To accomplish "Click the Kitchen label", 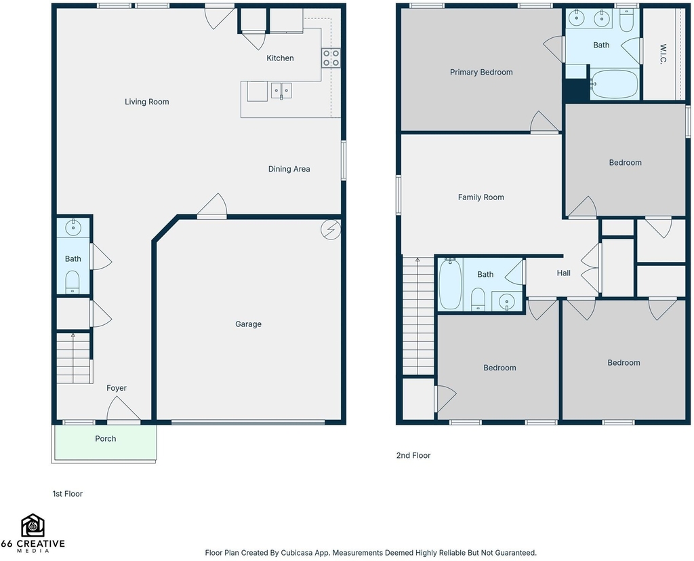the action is point(280,58).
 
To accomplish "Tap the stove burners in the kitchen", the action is point(331,58).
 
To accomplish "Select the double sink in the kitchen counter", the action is point(281,90).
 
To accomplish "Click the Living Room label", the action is point(146,102).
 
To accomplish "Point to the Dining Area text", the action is point(289,169).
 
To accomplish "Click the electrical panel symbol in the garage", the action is point(331,229).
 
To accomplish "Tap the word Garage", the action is point(248,324).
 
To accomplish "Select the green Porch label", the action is point(105,439).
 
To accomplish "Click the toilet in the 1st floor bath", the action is point(73,282).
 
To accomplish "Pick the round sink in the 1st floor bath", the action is point(73,228).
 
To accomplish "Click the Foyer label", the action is point(117,388).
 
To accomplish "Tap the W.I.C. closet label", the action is point(663,54).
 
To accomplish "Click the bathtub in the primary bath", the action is point(614,84).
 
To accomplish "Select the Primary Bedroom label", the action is point(481,72).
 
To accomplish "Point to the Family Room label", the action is point(481,197).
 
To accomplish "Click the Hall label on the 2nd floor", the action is point(563,273).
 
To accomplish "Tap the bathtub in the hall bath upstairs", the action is point(451,284).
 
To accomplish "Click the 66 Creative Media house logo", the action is point(33,526).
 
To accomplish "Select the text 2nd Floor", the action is point(413,456).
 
